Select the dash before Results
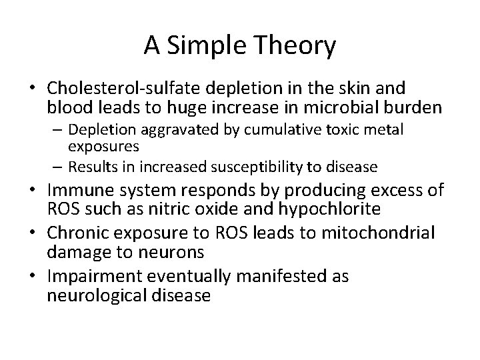[x=57, y=165]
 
